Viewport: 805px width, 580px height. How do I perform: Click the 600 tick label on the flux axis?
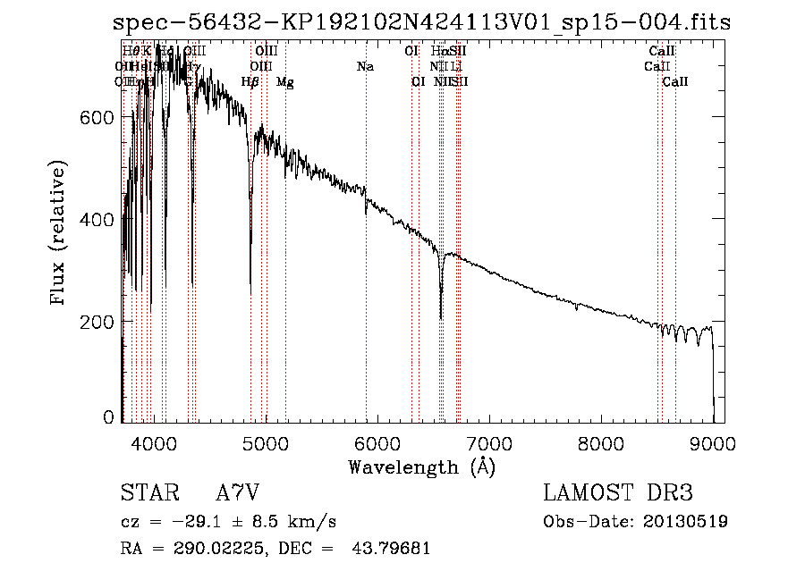point(98,118)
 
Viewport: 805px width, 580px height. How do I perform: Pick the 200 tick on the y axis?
point(98,321)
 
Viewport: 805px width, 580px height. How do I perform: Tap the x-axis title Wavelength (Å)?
point(421,467)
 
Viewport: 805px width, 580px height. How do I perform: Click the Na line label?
point(365,67)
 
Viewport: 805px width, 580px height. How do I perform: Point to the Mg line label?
point(285,82)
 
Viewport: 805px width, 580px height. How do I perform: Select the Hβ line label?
point(250,82)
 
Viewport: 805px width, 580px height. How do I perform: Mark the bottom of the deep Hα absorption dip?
point(441,317)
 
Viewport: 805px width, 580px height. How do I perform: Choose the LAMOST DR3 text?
point(617,493)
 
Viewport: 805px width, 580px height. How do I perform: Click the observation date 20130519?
point(688,521)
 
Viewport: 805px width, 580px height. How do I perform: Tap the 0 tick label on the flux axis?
point(108,417)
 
